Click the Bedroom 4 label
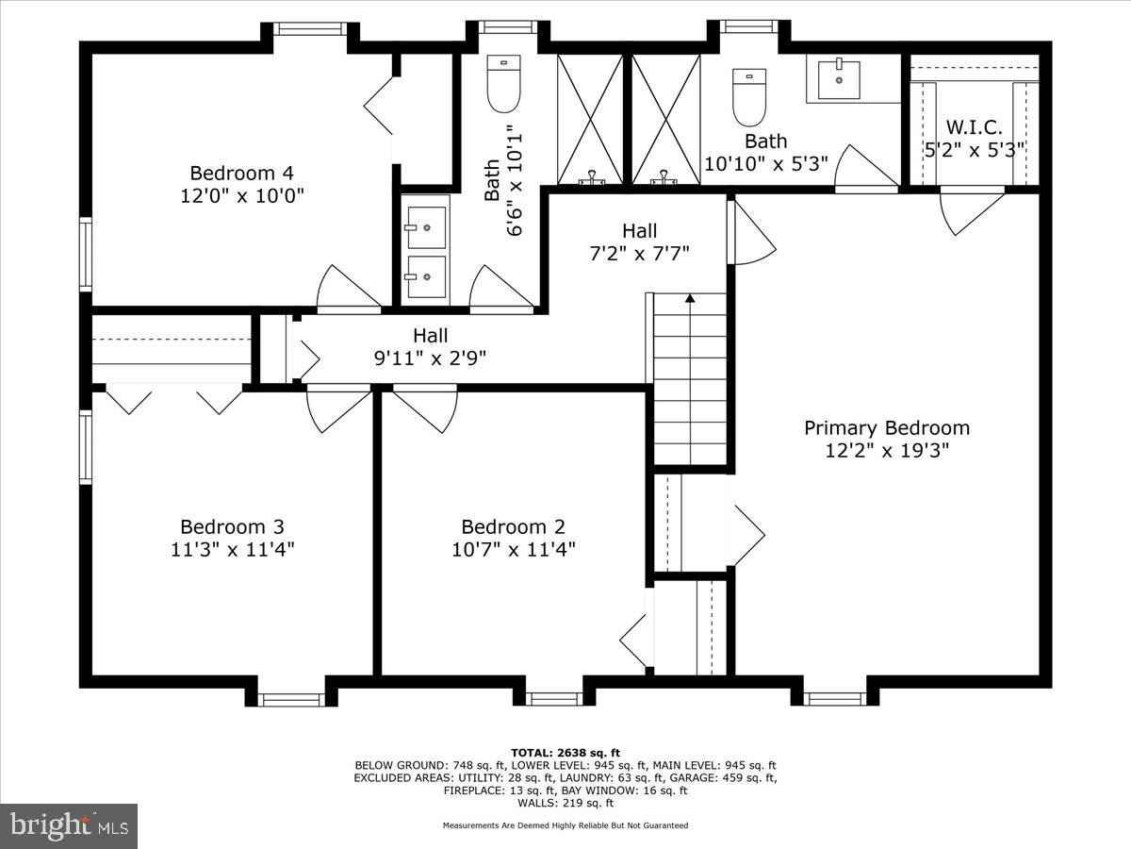click(242, 174)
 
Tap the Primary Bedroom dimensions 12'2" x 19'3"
click(886, 451)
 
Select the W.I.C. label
click(975, 127)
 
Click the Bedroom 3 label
click(232, 526)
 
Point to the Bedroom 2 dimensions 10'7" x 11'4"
click(513, 549)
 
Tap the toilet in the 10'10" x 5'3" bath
click(749, 97)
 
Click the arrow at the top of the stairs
click(690, 299)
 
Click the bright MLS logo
click(69, 825)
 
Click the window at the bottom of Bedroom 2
click(554, 698)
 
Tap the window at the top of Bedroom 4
click(310, 29)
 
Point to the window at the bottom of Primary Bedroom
click(835, 698)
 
